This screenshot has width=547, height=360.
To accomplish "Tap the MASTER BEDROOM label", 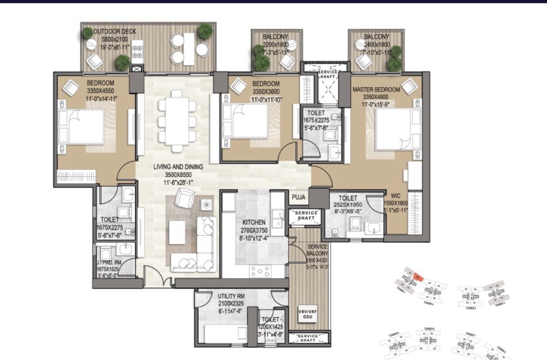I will (x=376, y=89).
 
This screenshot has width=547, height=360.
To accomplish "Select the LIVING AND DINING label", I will (x=178, y=167).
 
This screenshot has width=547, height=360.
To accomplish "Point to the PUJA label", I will (x=298, y=197).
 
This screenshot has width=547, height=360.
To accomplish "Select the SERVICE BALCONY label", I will (x=317, y=250).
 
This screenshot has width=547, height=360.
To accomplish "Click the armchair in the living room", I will (x=185, y=197).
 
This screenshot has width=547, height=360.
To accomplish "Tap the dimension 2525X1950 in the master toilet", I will (x=348, y=205).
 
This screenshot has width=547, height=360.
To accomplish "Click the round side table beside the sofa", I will (x=207, y=204).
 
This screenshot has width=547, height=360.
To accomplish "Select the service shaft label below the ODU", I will (x=308, y=338).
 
